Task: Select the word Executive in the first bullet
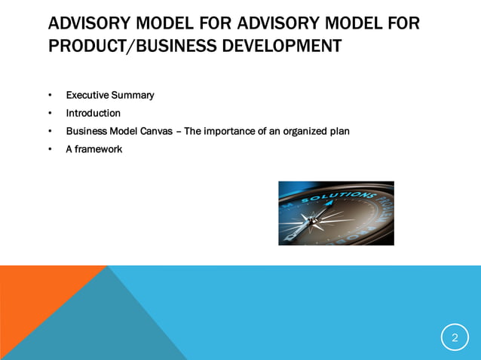[87, 95]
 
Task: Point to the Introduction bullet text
[93, 113]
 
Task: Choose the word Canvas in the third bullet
[155, 131]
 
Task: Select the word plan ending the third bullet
[339, 131]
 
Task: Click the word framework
[98, 149]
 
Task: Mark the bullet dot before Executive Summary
[50, 96]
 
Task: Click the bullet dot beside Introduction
[50, 114]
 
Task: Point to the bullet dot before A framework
[50, 150]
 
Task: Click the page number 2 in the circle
[455, 338]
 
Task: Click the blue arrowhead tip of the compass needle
[330, 203]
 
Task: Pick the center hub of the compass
[311, 221]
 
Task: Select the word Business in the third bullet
[85, 131]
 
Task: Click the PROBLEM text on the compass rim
[383, 218]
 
